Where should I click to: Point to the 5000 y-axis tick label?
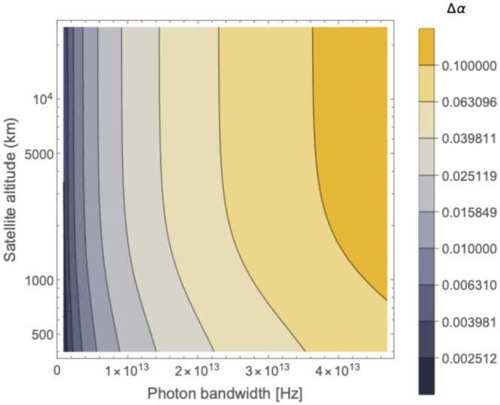[36, 154]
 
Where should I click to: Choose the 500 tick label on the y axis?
[39, 334]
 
